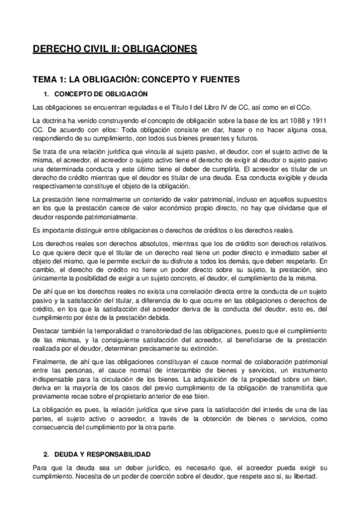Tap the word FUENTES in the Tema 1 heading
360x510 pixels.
tap(199, 79)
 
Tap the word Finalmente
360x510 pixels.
tap(49, 364)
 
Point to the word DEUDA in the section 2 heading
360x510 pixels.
tap(66, 454)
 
